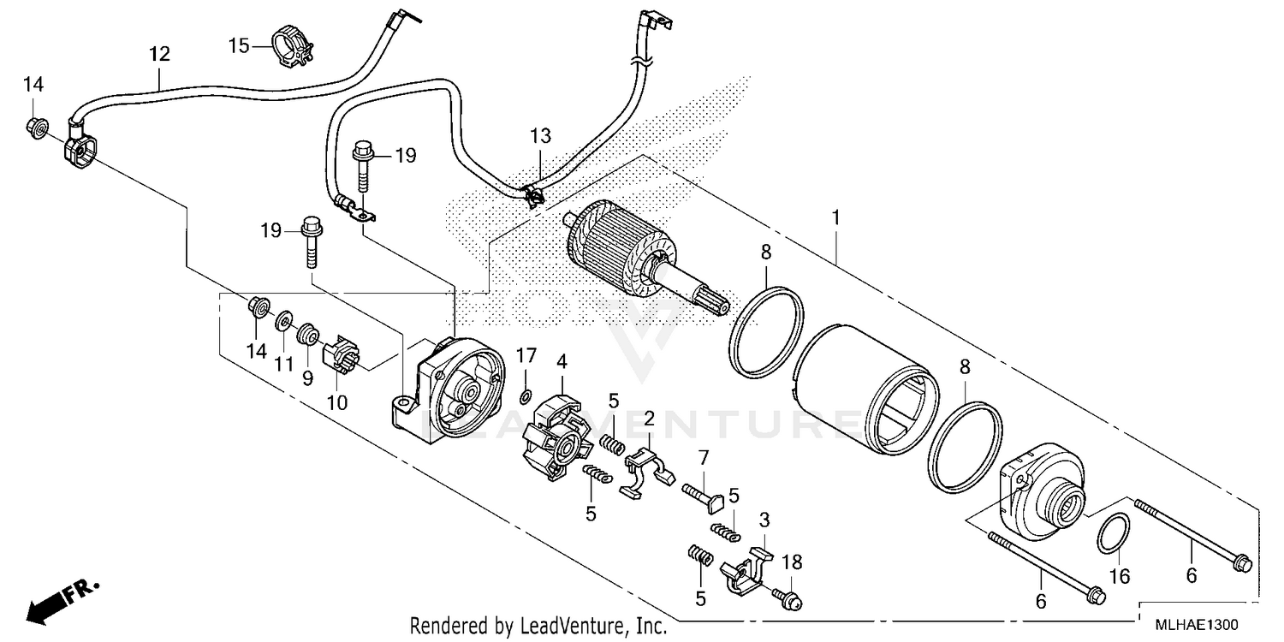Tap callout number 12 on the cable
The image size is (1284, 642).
click(159, 55)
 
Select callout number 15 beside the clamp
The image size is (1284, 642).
click(239, 44)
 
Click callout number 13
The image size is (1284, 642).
click(540, 136)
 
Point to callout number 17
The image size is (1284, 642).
click(526, 354)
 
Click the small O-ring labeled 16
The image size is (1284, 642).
click(1111, 535)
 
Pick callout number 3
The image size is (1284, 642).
click(764, 520)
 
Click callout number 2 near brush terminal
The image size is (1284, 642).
click(649, 419)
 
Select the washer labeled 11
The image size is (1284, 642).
click(281, 323)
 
